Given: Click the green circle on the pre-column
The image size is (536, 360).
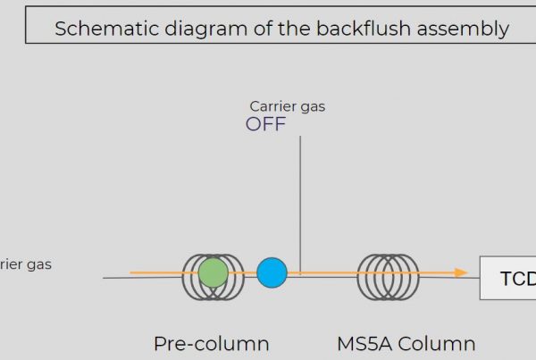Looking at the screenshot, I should coord(213,272).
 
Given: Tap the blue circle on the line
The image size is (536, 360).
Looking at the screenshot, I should coord(272,272).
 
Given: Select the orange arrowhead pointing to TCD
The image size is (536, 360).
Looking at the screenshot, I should coord(461,272).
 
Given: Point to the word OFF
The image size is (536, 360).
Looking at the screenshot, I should coord(266,124).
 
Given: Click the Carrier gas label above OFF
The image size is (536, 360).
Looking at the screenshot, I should coord(288,106).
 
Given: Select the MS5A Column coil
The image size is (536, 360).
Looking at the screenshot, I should coord(389,275).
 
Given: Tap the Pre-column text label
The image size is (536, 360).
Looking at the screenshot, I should coord(211,344).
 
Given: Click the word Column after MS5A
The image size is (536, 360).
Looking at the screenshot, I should coord(438,344).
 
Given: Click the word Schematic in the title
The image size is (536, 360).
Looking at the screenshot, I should coord(105,28).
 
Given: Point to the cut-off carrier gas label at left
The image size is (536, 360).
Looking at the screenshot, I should coord(25,264).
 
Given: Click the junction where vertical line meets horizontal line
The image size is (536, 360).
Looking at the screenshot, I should coord(300,274).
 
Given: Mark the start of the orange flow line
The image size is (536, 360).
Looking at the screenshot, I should coord(131,272).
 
